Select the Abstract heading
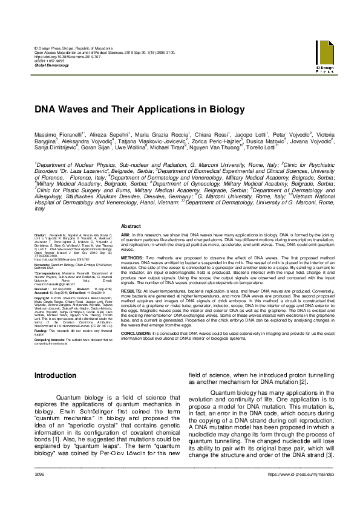click(x=132, y=225)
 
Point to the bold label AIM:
click(x=126, y=233)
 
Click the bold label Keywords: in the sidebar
click(x=42, y=265)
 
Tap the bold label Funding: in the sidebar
click(x=41, y=331)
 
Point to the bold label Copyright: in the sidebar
click(x=42, y=298)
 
